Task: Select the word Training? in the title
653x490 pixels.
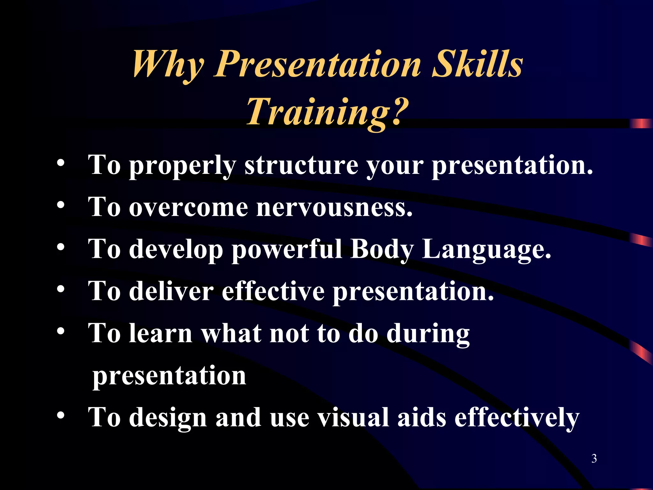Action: click(x=327, y=112)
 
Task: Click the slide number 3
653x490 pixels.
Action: click(x=594, y=458)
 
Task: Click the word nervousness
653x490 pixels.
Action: click(x=334, y=207)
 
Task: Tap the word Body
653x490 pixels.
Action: click(x=382, y=249)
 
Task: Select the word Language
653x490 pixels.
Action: click(x=487, y=249)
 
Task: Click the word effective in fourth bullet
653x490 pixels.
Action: click(x=273, y=291)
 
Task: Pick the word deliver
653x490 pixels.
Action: click(x=171, y=291)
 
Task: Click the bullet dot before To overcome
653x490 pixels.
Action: click(x=61, y=205)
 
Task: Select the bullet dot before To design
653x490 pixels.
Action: click(x=61, y=415)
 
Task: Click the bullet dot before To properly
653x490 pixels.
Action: click(x=61, y=163)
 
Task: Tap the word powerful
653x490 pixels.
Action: click(x=287, y=249)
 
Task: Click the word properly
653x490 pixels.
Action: click(x=182, y=166)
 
